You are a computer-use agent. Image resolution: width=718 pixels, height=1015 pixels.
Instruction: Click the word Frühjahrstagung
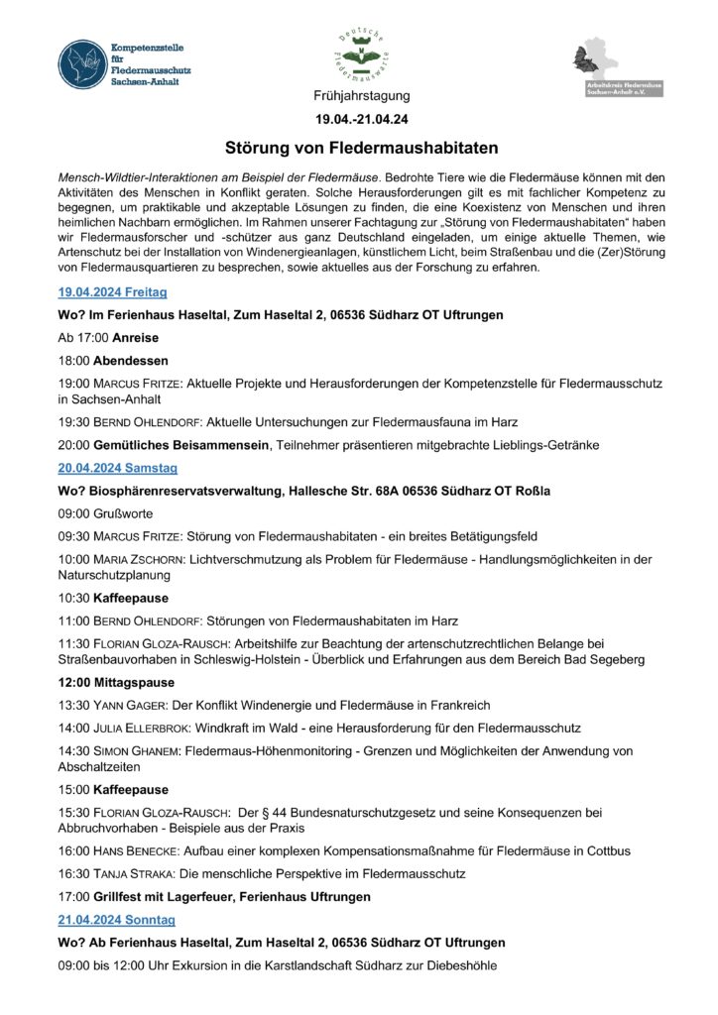point(360,96)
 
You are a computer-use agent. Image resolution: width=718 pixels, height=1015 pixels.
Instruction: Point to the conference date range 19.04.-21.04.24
point(360,119)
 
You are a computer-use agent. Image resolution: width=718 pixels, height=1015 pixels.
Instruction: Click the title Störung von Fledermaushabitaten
point(360,148)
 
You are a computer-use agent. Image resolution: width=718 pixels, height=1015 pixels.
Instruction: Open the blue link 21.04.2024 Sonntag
point(113,920)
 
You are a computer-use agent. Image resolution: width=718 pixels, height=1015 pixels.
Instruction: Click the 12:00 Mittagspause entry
point(116,682)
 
